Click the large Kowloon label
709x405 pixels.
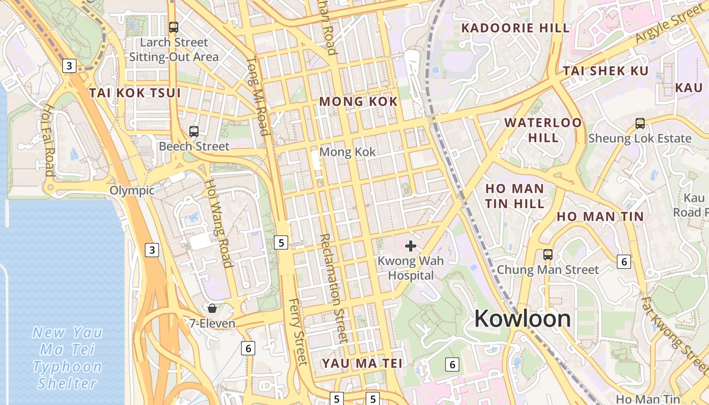tap(523, 318)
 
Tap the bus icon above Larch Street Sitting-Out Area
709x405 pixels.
tap(174, 27)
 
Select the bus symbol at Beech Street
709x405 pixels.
tap(193, 132)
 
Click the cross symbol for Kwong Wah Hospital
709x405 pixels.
tap(411, 246)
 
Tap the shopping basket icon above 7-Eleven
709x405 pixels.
tap(212, 308)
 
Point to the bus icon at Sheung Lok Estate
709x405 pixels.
tap(640, 123)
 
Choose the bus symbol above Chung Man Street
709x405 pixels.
tap(547, 254)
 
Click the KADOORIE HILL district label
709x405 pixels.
tap(516, 28)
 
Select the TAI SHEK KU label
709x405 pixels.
tap(606, 71)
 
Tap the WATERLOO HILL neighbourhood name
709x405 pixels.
tap(543, 130)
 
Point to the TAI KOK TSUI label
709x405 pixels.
tap(135, 93)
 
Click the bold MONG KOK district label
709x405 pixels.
tap(359, 102)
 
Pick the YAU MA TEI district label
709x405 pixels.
tap(362, 363)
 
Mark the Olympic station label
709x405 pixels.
tap(132, 190)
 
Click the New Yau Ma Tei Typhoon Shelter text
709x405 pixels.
tap(67, 357)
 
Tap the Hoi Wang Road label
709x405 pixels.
tap(219, 223)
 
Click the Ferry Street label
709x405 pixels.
tap(298, 332)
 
